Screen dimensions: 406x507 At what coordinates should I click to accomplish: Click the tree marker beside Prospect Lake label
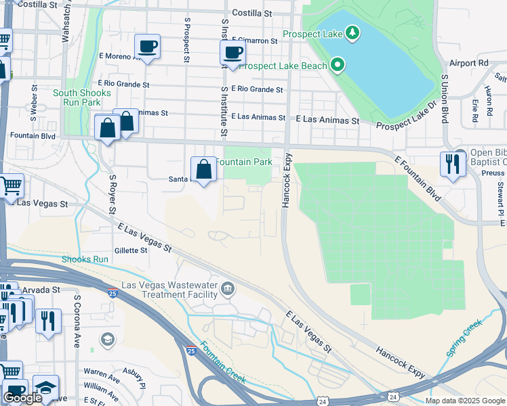(x=352, y=32)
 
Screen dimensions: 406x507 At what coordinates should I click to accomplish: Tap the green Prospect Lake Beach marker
(x=337, y=66)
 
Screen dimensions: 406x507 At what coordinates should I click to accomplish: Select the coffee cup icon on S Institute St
(x=232, y=52)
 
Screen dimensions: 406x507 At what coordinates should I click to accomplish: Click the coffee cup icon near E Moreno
(x=147, y=47)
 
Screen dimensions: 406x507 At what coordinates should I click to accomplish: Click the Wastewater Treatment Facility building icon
(x=227, y=290)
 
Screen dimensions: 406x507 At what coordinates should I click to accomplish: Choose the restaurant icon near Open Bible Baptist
(x=452, y=164)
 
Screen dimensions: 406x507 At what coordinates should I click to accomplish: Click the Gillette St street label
(x=131, y=250)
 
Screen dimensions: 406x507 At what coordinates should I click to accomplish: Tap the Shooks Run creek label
(x=85, y=259)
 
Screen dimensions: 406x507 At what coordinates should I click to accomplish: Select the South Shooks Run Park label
(x=77, y=97)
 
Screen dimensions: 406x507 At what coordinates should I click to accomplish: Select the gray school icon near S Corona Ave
(x=107, y=338)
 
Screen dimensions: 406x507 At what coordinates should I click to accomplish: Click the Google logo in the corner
(x=22, y=398)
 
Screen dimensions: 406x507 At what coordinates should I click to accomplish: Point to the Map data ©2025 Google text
(x=464, y=401)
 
